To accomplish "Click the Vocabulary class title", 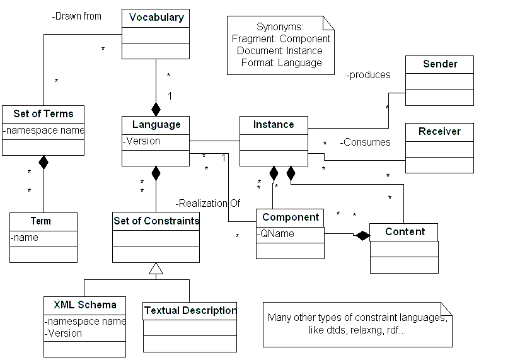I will coord(156,18).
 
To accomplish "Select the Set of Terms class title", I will coord(43,114).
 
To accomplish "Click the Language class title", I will coord(156,125).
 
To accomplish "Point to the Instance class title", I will coord(274,125).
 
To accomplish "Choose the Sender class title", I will coord(439,64).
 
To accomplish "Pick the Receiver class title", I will coord(439,132).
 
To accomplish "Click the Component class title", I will coord(290,218).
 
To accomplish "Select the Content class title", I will coord(404,231).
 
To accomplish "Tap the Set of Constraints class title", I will coord(156,221).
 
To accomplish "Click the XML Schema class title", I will coord(84,305).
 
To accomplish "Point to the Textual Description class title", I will coord(190,311).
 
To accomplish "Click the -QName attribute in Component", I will coord(276,233).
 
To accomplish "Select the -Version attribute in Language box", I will coord(142,141).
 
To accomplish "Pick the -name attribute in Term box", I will coord(25,238).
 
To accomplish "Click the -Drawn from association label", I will coord(76,16).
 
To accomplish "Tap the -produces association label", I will coord(369,75).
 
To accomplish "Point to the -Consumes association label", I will coord(366,142).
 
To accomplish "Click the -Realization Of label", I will coord(208,203).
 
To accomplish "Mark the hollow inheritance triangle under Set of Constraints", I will coord(156,269).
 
